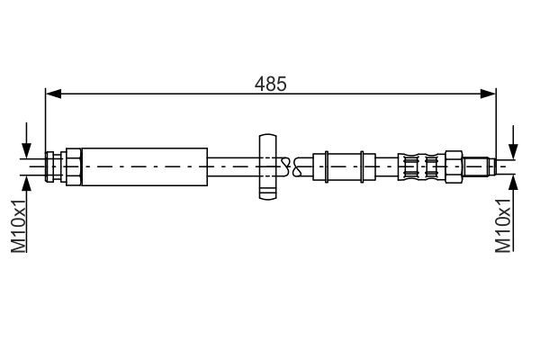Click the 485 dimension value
270,84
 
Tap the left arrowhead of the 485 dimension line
52,93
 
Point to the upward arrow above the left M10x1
28,183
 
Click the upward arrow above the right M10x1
514,183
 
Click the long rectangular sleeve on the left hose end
144,166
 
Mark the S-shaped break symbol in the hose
287,166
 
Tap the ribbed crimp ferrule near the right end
423,166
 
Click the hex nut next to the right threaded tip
455,166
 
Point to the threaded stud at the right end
481,166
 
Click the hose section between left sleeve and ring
232,166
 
